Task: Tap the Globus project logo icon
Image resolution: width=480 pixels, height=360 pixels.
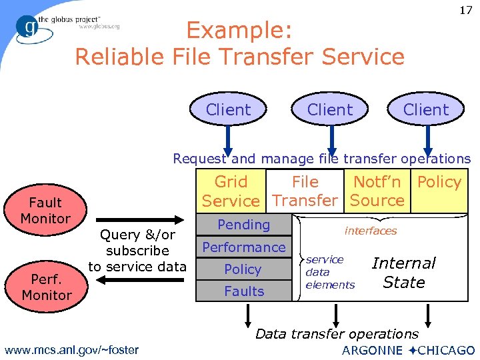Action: [29, 27]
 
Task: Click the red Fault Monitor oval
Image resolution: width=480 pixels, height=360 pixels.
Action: [45, 211]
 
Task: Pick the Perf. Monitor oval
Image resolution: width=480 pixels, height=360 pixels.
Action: [46, 287]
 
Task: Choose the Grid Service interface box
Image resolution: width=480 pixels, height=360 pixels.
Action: [231, 191]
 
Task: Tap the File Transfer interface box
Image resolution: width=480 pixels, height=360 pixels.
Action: [305, 191]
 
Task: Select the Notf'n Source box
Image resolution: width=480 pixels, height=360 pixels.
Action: [377, 191]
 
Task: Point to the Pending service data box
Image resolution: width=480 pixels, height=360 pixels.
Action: [244, 225]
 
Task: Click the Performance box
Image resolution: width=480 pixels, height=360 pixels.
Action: [244, 247]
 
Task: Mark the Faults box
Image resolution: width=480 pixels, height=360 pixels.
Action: [244, 291]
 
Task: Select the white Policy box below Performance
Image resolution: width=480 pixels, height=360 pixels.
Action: [243, 269]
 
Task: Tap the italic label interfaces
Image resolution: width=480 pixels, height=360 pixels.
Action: [371, 231]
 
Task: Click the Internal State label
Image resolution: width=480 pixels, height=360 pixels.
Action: [404, 273]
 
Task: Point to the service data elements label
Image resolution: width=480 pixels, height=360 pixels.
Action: [329, 272]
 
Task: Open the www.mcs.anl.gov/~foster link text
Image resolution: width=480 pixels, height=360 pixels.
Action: [71, 349]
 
